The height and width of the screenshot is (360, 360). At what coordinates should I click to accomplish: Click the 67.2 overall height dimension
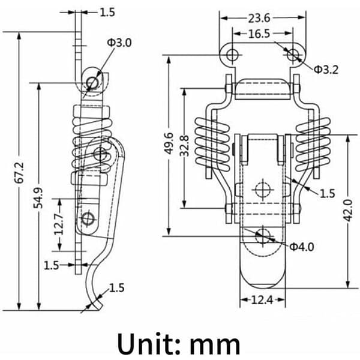click(x=19, y=173)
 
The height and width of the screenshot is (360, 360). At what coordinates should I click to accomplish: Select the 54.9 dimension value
click(x=38, y=197)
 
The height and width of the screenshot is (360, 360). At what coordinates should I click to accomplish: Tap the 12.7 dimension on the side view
click(x=59, y=224)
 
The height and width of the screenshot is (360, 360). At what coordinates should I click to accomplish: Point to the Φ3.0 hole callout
click(x=119, y=43)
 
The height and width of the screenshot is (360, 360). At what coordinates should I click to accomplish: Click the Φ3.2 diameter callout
click(x=326, y=70)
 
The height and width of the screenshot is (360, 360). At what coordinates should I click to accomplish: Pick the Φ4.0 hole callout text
click(x=301, y=247)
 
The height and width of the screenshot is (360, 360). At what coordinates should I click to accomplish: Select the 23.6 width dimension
click(x=259, y=19)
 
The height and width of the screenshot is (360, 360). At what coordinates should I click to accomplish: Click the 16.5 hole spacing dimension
click(x=259, y=34)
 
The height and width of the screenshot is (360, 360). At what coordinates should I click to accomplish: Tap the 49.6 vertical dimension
click(x=169, y=143)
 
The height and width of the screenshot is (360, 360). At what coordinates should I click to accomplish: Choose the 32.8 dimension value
click(x=184, y=146)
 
